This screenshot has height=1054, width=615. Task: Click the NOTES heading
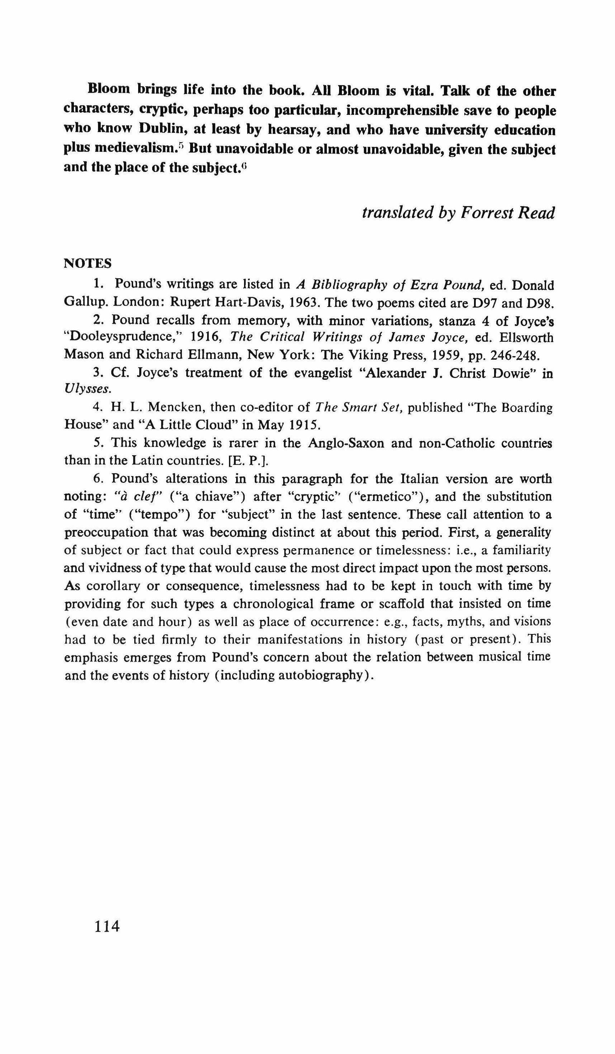click(88, 263)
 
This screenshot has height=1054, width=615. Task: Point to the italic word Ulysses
click(88, 390)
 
